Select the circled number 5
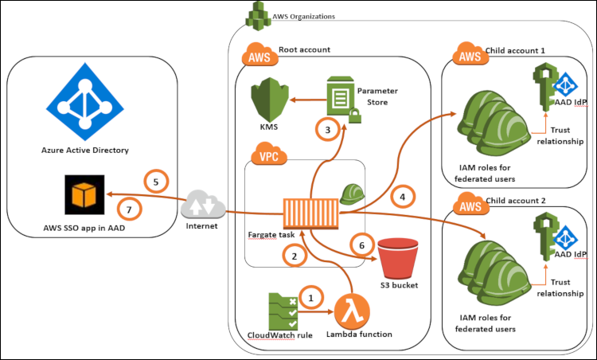(x=156, y=182)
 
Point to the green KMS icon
(x=267, y=101)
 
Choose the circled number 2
(x=294, y=256)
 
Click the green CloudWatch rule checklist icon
(x=283, y=309)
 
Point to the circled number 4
(x=404, y=195)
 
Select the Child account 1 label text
(x=517, y=50)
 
